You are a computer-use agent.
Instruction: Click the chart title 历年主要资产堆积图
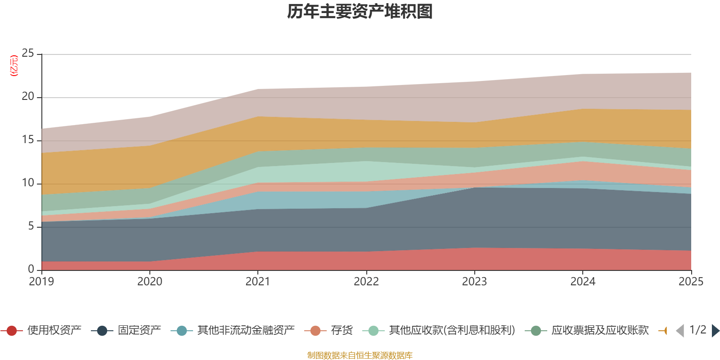pos(360,12)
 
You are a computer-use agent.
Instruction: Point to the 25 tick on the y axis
pos(28,54)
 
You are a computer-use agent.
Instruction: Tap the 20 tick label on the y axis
pos(28,97)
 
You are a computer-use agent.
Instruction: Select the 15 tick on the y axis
pos(28,140)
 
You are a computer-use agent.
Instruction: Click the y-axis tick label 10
pos(28,183)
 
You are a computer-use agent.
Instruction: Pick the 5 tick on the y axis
pos(31,226)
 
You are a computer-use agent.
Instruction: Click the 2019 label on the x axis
pos(41,282)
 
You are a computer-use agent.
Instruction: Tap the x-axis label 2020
pos(149,282)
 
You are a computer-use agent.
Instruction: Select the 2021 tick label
pos(258,282)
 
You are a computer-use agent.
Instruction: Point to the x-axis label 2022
pos(366,282)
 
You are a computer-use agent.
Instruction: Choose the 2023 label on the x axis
pos(474,282)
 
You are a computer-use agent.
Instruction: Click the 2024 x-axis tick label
pos(583,282)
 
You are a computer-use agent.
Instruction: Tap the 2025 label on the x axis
pos(691,282)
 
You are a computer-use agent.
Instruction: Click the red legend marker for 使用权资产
pos(12,331)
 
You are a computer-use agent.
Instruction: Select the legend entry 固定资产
pos(139,331)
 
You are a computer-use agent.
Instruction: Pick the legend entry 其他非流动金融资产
pos(246,331)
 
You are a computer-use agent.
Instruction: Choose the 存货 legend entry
pos(342,331)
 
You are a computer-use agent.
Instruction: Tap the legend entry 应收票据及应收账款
pos(600,331)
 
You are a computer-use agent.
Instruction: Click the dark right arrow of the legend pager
pos(715,331)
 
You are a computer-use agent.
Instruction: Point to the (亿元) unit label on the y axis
pos(14,66)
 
